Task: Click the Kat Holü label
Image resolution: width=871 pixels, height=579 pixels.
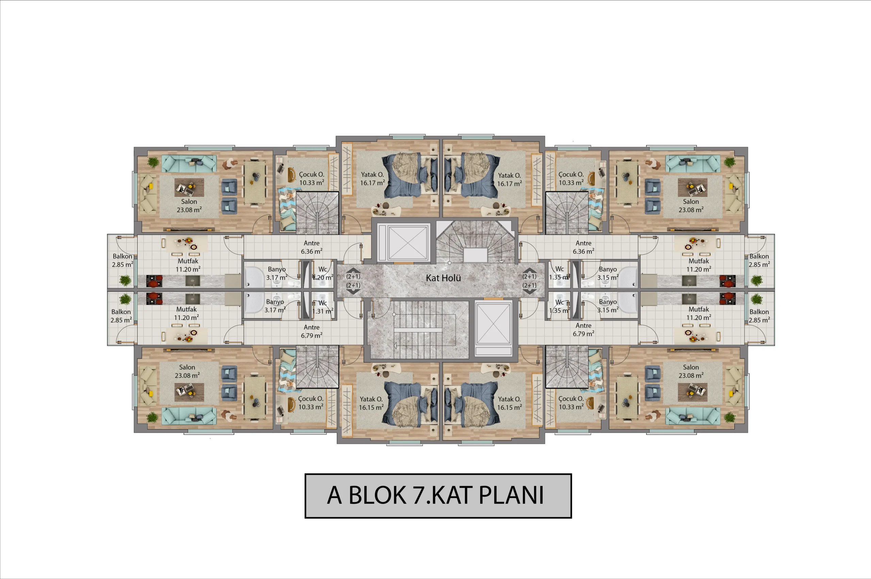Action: click(x=443, y=278)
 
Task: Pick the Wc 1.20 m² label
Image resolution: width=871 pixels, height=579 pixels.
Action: click(x=323, y=273)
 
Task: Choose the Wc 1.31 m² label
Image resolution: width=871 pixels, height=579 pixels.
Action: click(x=323, y=307)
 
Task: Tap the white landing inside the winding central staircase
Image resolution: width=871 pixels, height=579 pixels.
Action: click(x=475, y=255)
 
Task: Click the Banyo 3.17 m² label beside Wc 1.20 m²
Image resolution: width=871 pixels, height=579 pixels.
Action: click(x=277, y=273)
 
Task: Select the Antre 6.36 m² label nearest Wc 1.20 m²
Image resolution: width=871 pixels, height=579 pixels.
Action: click(x=312, y=247)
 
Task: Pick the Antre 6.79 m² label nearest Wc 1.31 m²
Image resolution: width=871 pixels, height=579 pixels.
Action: click(x=312, y=331)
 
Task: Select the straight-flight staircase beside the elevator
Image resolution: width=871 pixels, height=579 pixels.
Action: click(x=417, y=329)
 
